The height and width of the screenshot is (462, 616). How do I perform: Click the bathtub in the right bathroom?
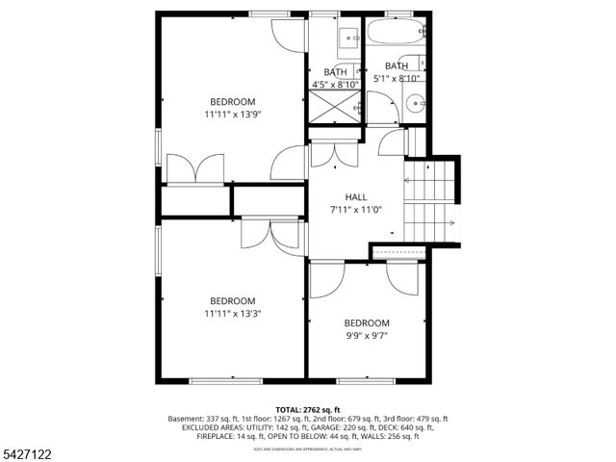(x=395, y=36)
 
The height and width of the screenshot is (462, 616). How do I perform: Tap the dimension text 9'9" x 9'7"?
(x=368, y=335)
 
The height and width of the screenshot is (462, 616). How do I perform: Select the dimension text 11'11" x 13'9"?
(x=233, y=115)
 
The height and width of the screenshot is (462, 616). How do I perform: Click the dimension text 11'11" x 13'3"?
(x=233, y=313)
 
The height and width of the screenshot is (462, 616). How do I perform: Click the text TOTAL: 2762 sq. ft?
(x=309, y=409)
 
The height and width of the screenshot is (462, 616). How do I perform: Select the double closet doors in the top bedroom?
(x=195, y=169)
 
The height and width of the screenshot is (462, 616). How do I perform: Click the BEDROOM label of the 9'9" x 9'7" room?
(x=368, y=322)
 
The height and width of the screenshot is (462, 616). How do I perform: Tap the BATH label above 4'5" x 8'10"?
(x=335, y=72)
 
